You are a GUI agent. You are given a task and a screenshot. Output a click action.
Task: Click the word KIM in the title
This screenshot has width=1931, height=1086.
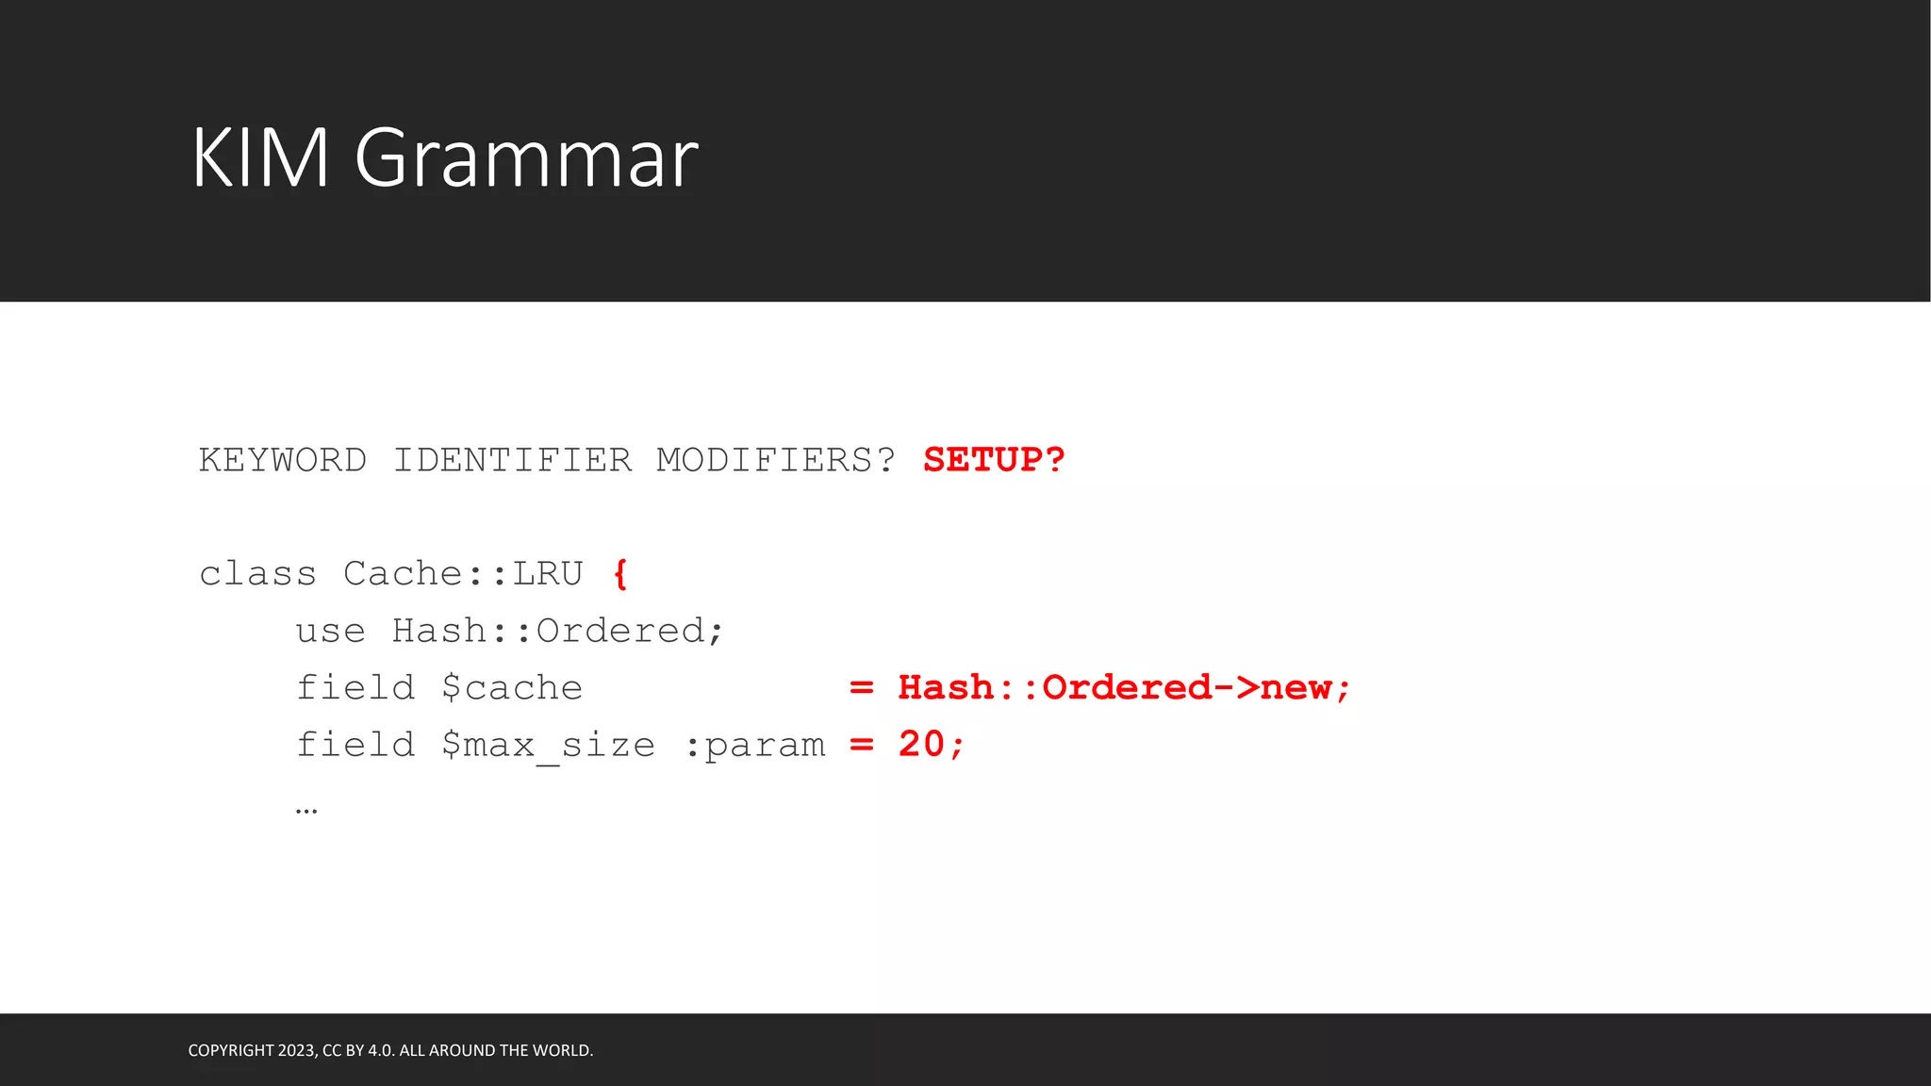(260, 157)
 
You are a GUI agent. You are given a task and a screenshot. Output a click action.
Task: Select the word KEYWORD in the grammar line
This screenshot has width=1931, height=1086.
(282, 460)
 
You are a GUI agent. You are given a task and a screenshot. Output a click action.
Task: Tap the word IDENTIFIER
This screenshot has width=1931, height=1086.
(512, 460)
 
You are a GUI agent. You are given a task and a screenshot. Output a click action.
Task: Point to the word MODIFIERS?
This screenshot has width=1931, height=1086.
(775, 460)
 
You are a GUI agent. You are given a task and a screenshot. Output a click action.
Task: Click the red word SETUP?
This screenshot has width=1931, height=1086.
(994, 460)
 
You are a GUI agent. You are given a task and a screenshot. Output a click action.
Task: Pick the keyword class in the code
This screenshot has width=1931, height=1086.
(257, 574)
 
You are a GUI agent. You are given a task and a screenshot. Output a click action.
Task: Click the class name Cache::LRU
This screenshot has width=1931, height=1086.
(463, 574)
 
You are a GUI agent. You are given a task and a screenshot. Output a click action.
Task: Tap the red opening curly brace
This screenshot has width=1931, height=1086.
(619, 574)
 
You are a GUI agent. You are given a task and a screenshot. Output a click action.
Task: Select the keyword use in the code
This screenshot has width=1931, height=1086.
(330, 631)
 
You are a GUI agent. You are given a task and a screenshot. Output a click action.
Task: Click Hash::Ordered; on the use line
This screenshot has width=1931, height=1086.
(558, 631)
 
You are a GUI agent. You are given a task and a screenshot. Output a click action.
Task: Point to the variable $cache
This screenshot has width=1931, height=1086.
(512, 688)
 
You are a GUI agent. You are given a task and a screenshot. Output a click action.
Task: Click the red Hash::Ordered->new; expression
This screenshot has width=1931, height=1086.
(1124, 688)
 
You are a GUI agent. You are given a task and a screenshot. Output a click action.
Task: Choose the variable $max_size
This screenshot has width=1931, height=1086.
(548, 746)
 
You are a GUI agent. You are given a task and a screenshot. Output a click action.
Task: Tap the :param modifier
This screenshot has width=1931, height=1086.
(754, 746)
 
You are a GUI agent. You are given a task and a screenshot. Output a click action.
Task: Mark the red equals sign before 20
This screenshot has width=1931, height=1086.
(861, 745)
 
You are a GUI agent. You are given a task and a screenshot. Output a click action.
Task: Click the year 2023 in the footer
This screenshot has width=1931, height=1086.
(296, 1050)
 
